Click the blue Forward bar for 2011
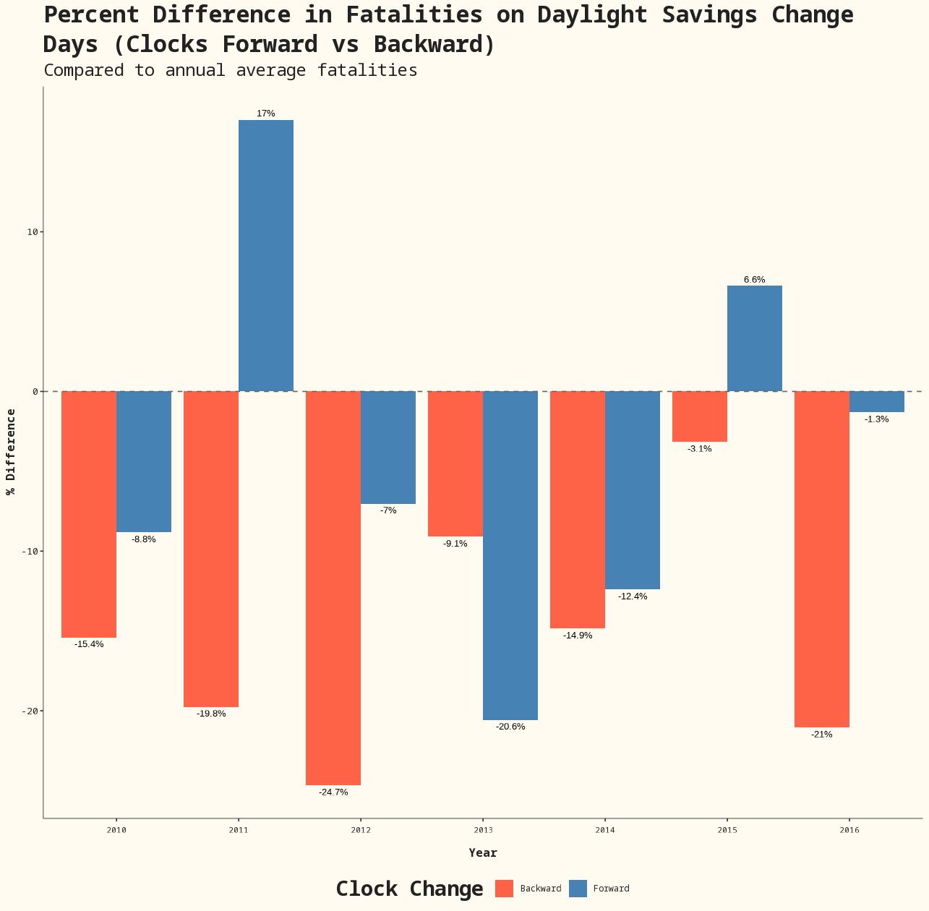pyautogui.click(x=266, y=255)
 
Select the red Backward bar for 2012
pyautogui.click(x=333, y=588)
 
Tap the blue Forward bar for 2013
pyautogui.click(x=510, y=555)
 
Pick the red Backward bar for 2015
pyautogui.click(x=700, y=416)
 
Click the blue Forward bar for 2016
pyautogui.click(x=877, y=402)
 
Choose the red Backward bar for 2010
pyautogui.click(x=89, y=514)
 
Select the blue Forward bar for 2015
pyautogui.click(x=755, y=338)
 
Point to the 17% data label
pyautogui.click(x=266, y=114)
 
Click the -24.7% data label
pyautogui.click(x=333, y=792)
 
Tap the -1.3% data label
pyautogui.click(x=877, y=419)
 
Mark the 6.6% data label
pyautogui.click(x=755, y=280)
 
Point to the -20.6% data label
pyautogui.click(x=510, y=727)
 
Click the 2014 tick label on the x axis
pyautogui.click(x=605, y=831)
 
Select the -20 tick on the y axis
pyautogui.click(x=30, y=711)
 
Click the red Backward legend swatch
pyautogui.click(x=505, y=889)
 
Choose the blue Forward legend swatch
pyautogui.click(x=578, y=889)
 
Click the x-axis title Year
pyautogui.click(x=483, y=853)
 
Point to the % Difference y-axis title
pyautogui.click(x=11, y=452)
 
